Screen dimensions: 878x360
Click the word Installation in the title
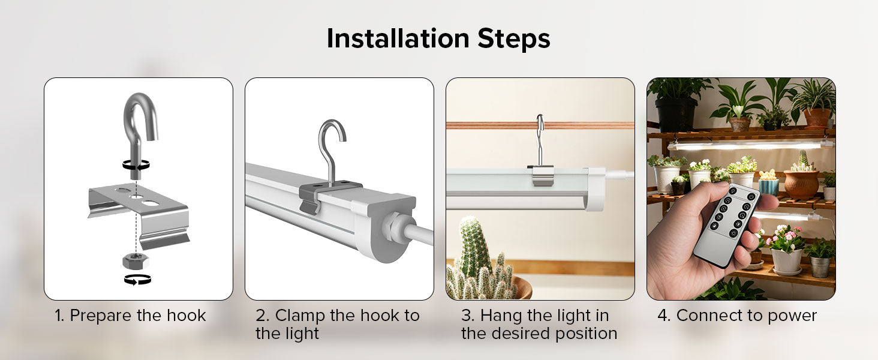point(398,38)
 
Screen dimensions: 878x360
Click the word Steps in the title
point(514,40)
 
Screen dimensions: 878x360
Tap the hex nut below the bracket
point(135,260)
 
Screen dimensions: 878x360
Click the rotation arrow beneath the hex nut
point(137,279)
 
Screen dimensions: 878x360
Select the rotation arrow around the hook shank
point(136,165)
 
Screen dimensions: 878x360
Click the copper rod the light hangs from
point(540,125)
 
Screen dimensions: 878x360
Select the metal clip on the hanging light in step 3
point(540,175)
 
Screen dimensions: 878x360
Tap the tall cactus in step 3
point(474,245)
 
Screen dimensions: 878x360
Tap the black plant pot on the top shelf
point(675,114)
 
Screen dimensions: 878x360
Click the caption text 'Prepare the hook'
point(137,316)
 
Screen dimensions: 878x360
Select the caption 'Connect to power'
point(746,316)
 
